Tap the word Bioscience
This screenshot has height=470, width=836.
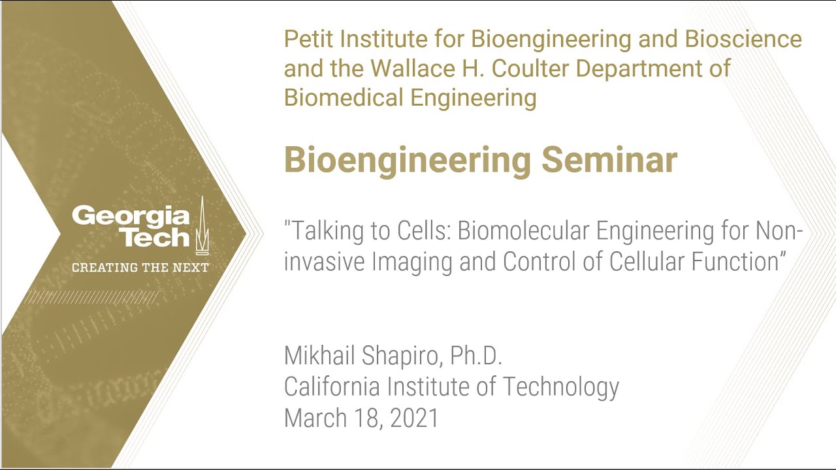coord(743,39)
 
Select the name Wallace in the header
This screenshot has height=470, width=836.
coord(413,69)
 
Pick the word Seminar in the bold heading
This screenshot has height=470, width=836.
coord(609,160)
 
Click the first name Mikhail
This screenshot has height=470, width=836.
coord(319,355)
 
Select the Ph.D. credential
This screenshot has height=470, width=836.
coord(476,355)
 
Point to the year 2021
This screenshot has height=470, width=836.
coord(414,418)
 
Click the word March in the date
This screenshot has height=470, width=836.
coord(315,418)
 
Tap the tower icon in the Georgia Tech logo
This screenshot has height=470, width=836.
coord(202,226)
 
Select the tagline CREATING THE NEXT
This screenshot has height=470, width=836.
coord(140,268)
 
